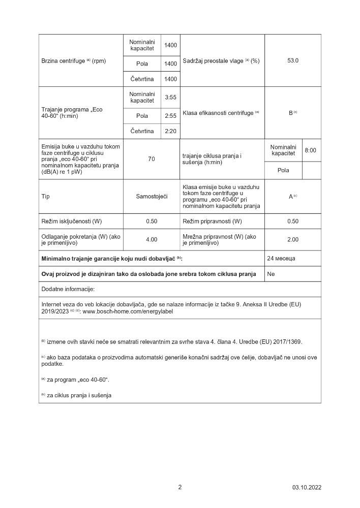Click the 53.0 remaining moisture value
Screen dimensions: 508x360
pos(292,60)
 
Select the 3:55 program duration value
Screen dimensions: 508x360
pos(170,98)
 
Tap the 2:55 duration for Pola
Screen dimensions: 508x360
pos(170,116)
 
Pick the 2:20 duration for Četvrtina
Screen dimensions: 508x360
pos(170,131)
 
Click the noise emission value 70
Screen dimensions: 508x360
pos(152,160)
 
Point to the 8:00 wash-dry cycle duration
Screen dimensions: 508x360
pos(310,150)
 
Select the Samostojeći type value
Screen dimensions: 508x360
pos(152,196)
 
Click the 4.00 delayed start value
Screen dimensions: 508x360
pos(152,240)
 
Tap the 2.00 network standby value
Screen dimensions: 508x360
pos(292,240)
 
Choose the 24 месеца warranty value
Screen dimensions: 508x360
pos(281,259)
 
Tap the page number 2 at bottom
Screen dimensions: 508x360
pos(180,487)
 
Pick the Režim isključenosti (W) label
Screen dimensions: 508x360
pos(72,221)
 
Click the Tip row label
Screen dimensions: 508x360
pos(46,196)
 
